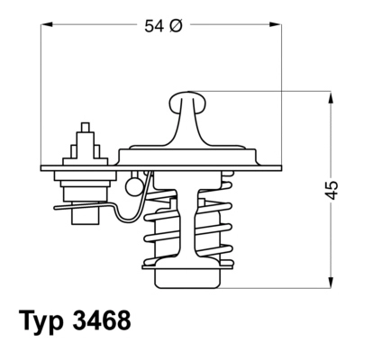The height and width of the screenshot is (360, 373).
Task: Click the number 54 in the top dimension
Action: coord(155,27)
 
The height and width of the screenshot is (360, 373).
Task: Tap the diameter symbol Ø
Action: coord(176,27)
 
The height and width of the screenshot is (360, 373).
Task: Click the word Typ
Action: coord(43,319)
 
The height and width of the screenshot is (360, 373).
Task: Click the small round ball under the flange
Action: coord(133,187)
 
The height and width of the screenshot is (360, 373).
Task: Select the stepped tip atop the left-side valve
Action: coord(86,133)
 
